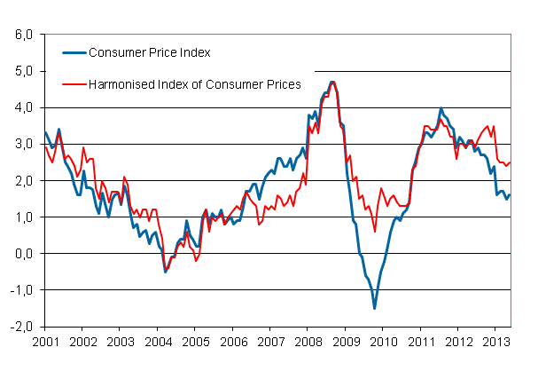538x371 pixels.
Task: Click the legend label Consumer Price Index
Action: [150, 52]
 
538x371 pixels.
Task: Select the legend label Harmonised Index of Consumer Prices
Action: [195, 84]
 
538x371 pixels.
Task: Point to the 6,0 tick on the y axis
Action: [23, 35]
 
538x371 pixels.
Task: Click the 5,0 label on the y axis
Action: [23, 71]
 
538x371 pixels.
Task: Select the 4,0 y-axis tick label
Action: [23, 107]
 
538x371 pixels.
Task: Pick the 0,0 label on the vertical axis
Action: [23, 253]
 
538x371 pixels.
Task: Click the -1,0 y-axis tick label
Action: [21, 289]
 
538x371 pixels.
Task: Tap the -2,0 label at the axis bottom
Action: [21, 326]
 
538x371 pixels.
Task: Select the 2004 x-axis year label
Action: [157, 341]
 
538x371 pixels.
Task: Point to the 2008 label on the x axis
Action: [308, 341]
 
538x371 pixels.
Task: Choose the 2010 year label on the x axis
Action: [383, 341]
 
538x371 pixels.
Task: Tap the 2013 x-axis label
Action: [495, 341]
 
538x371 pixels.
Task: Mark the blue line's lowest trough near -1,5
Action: [374, 308]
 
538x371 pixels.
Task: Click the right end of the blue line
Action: [510, 194]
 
